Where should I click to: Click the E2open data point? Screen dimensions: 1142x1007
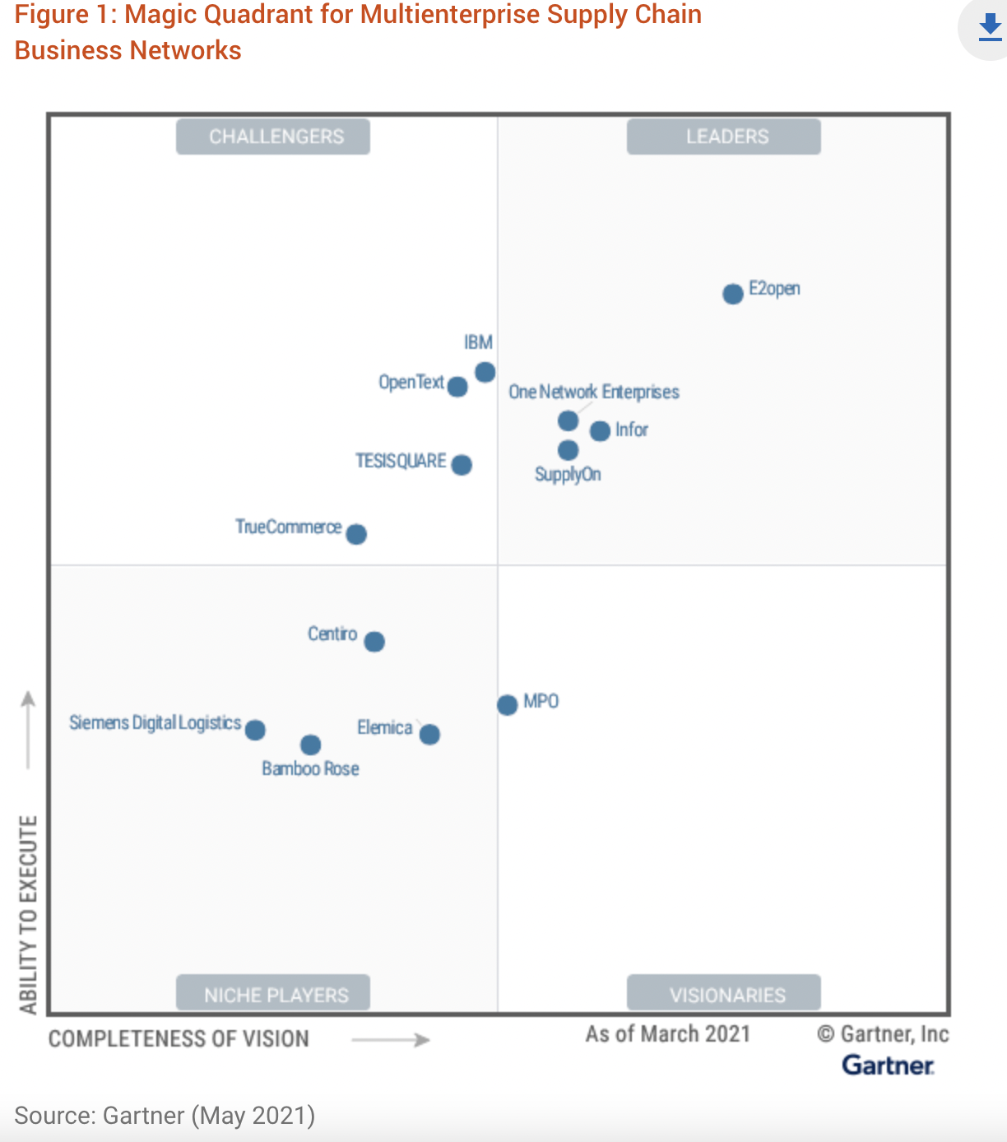point(733,294)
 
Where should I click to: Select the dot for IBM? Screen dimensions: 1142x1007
point(485,372)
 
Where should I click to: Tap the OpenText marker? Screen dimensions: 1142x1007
point(457,387)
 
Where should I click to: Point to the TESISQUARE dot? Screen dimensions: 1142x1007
point(462,465)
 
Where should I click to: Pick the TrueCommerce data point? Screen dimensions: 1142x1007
point(356,534)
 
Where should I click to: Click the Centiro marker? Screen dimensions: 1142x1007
point(374,641)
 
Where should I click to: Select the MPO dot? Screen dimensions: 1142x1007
point(508,704)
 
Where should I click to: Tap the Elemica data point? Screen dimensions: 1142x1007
point(429,734)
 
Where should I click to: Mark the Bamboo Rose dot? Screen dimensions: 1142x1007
point(310,745)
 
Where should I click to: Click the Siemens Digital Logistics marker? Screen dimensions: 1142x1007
point(255,730)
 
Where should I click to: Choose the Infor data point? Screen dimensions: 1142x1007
point(601,430)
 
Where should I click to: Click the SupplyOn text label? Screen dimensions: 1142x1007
point(568,475)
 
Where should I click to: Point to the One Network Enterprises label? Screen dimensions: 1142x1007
point(594,392)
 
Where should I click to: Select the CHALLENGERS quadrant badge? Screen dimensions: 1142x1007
point(273,137)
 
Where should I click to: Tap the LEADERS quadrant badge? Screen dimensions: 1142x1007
point(724,137)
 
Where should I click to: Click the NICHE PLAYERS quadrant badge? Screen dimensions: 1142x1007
point(273,994)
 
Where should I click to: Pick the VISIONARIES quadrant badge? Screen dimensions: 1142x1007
point(724,994)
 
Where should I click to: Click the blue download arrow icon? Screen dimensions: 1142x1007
point(990,27)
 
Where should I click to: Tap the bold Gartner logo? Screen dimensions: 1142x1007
point(888,1065)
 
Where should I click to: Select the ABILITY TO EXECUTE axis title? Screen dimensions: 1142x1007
point(29,914)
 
